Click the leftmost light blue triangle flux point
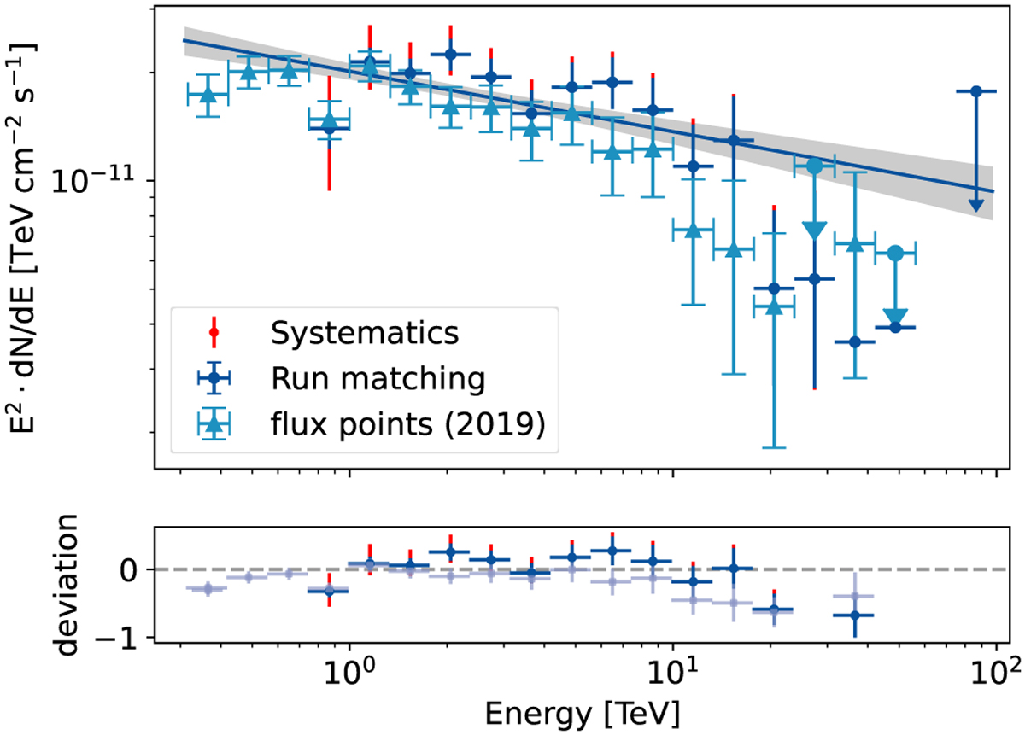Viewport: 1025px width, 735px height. click(207, 93)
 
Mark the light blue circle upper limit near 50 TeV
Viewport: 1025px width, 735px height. click(895, 253)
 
